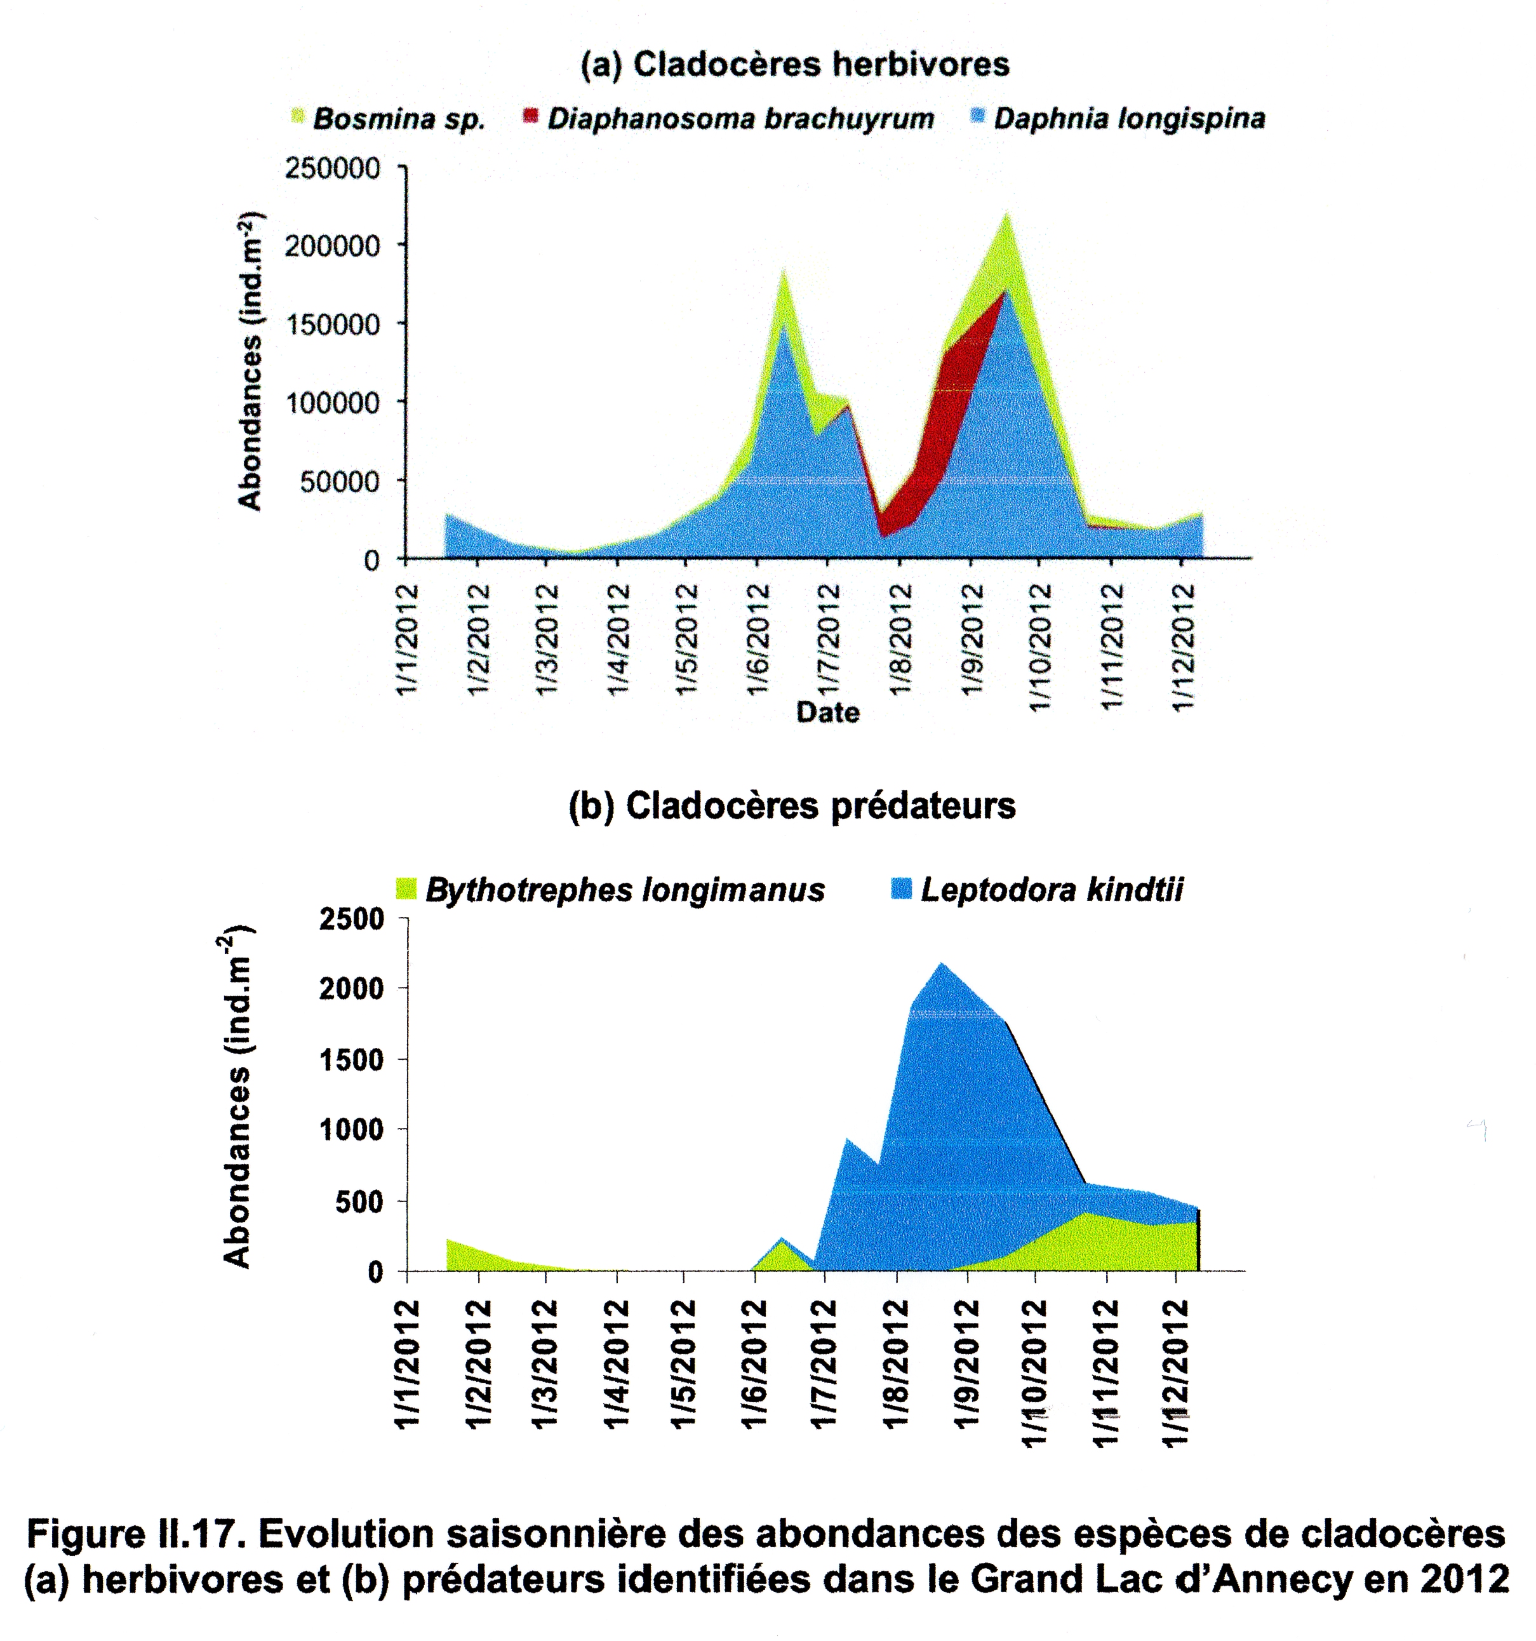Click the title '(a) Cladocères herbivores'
[x=794, y=64]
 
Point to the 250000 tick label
[x=333, y=168]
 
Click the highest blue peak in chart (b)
[x=942, y=964]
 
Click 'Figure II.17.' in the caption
[x=136, y=1534]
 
